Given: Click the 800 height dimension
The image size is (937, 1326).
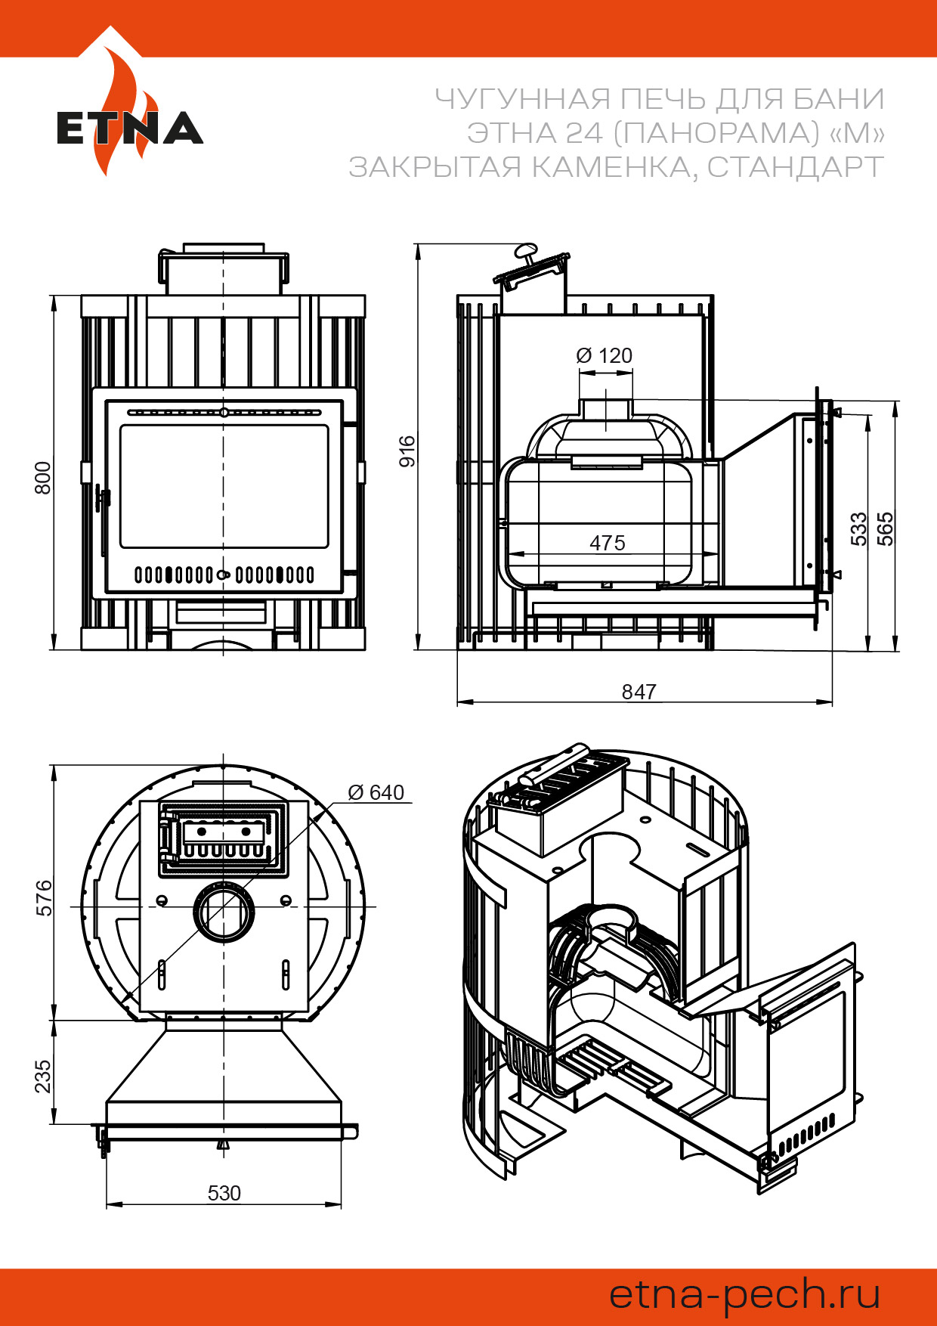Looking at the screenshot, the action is [x=44, y=478].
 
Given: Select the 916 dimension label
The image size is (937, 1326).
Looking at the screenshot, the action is [x=407, y=451].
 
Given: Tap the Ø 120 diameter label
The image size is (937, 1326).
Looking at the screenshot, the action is [x=604, y=355].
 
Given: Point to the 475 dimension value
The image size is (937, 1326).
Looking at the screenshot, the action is [x=608, y=543].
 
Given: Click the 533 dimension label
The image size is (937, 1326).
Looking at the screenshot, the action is [x=859, y=529].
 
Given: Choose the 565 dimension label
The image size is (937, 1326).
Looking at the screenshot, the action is [x=885, y=529].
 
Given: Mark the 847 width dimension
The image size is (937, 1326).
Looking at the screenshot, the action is [x=639, y=692].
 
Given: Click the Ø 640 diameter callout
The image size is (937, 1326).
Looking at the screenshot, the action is [x=376, y=792].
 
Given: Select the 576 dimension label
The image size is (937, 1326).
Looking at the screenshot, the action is [x=45, y=897].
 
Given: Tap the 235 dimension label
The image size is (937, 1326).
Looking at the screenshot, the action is [x=43, y=1076].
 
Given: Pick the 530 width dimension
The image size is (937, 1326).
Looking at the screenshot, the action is [x=224, y=1193].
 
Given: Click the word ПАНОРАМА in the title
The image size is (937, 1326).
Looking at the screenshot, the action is [x=716, y=133].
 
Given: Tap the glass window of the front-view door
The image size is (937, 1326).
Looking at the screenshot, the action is [x=224, y=486].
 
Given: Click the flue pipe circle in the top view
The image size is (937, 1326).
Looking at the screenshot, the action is [x=224, y=912].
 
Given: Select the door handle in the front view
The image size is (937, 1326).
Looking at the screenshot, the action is [x=103, y=522].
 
